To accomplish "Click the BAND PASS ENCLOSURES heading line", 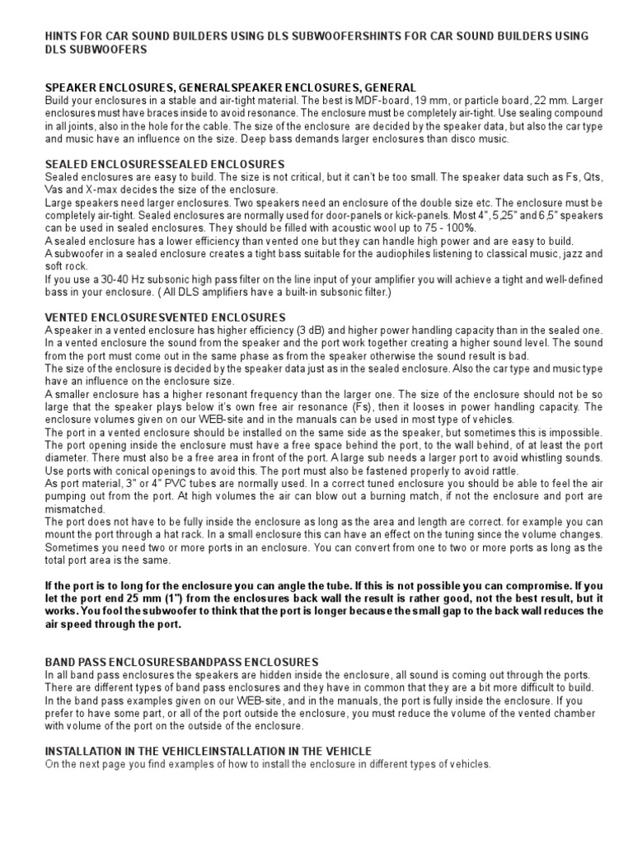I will (181, 661).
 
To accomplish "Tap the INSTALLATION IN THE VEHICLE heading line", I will (208, 751).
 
